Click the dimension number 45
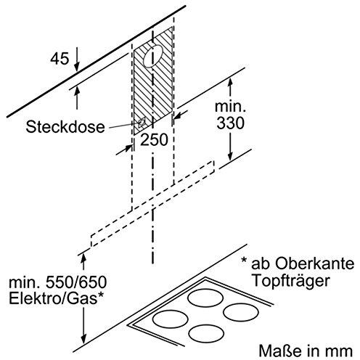60,59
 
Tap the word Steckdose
65,127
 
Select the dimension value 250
154,139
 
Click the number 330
230,123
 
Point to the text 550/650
76,282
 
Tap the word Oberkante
314,263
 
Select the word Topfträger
291,281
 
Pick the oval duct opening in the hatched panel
153,56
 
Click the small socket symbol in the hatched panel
142,123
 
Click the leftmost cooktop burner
171,319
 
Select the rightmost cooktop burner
241,312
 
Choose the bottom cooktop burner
206,334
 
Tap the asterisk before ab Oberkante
245,261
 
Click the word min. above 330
230,107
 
